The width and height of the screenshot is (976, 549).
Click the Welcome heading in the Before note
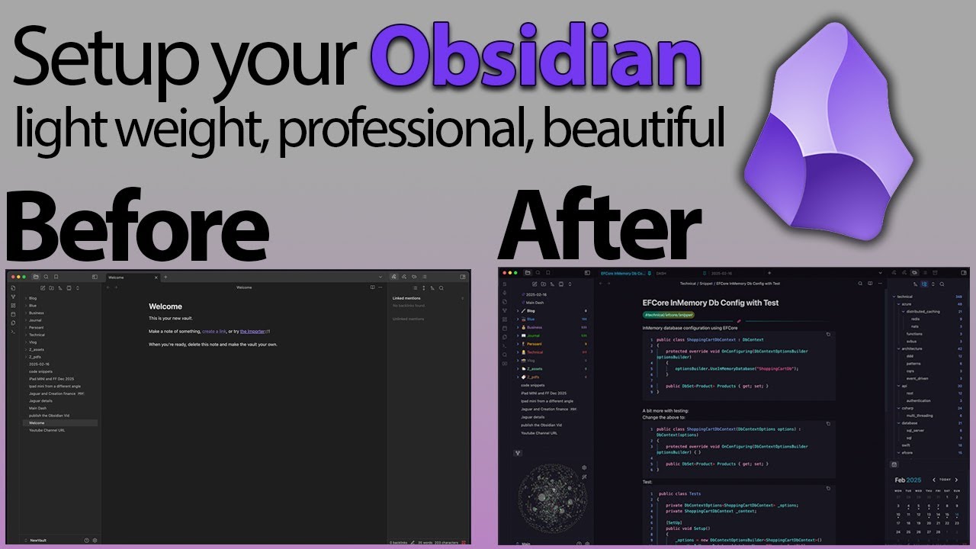165,307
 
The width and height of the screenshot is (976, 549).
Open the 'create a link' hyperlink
213,331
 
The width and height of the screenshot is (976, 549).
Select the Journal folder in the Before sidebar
36,320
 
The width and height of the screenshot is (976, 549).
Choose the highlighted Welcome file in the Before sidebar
37,422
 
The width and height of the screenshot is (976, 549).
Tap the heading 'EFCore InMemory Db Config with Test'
711,303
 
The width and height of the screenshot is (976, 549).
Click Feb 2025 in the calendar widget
908,480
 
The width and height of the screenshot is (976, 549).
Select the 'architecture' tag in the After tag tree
913,348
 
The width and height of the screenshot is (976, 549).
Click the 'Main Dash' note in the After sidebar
536,302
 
